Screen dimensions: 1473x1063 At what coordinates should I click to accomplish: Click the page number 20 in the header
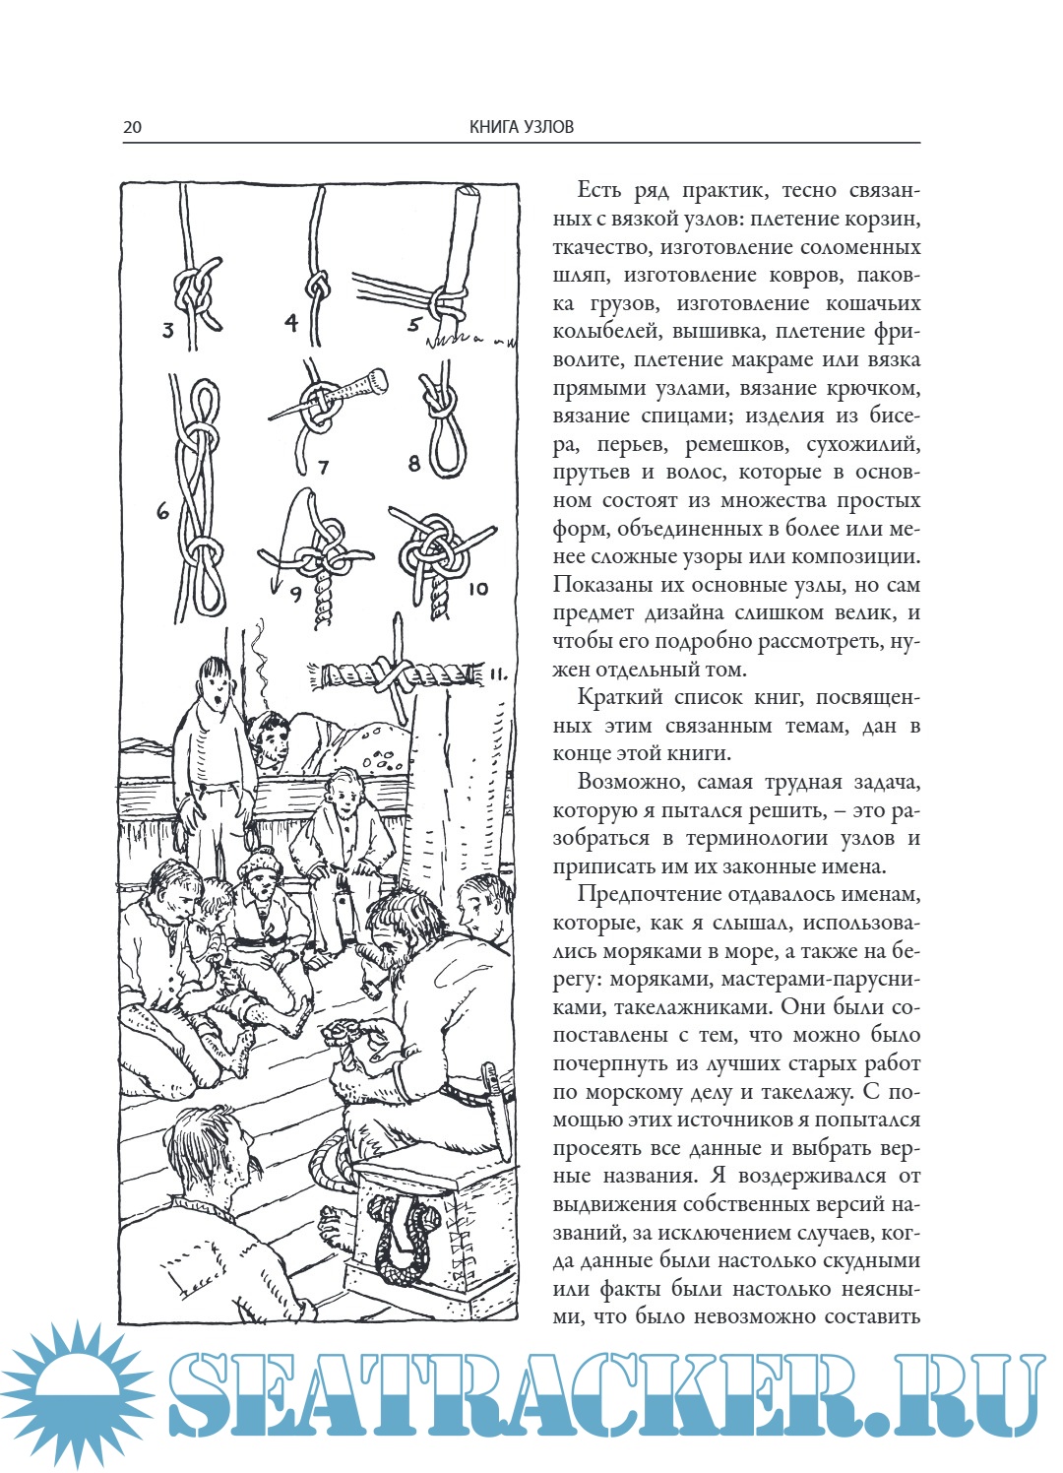pyautogui.click(x=132, y=127)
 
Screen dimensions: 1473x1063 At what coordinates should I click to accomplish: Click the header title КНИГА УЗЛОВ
pyautogui.click(x=521, y=127)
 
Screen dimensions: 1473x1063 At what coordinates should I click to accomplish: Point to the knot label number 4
pyautogui.click(x=291, y=322)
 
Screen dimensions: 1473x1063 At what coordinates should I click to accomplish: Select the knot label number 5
pyautogui.click(x=414, y=324)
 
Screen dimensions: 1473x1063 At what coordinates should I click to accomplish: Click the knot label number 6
pyautogui.click(x=163, y=511)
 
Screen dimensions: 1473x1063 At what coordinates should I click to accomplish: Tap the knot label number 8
pyautogui.click(x=414, y=463)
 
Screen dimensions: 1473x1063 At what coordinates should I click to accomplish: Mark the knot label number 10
pyautogui.click(x=478, y=589)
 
